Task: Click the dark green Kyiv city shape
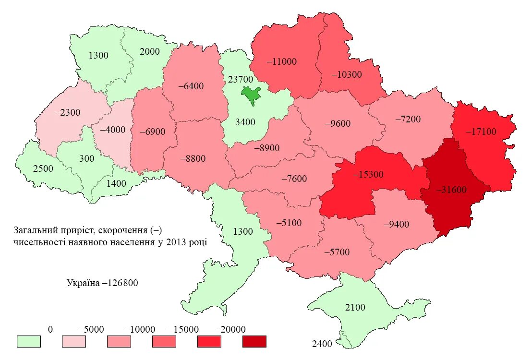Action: coord(251,94)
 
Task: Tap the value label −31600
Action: coord(451,190)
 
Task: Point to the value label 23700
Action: coord(240,79)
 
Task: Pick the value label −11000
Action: coord(281,61)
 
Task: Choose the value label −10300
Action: coord(346,75)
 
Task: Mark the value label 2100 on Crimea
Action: coord(355,307)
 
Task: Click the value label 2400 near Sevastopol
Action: coord(322,344)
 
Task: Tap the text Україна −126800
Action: coord(102,283)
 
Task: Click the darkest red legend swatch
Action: coord(254,341)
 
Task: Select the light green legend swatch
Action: coord(29,341)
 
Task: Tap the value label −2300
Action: coord(68,113)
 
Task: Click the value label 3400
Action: coord(245,122)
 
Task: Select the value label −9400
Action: coord(396,224)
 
